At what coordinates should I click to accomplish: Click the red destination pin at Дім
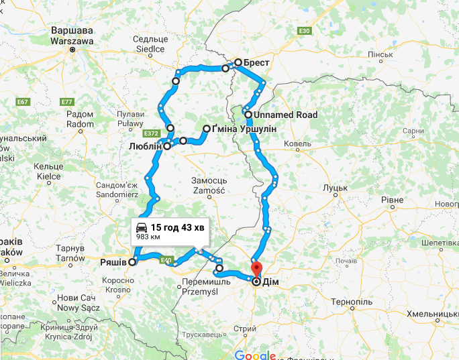pos(256,269)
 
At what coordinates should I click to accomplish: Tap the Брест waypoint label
pos(257,63)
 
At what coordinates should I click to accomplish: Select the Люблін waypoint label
pos(144,146)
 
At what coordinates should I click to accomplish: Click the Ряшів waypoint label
pos(114,262)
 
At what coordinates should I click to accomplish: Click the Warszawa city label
pos(71,40)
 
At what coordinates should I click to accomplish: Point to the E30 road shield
pos(305,30)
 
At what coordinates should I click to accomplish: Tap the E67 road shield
pos(23,101)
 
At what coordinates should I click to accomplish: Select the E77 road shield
pos(66,101)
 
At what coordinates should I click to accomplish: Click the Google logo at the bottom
pos(255,355)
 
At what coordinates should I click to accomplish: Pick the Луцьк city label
pos(334,188)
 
